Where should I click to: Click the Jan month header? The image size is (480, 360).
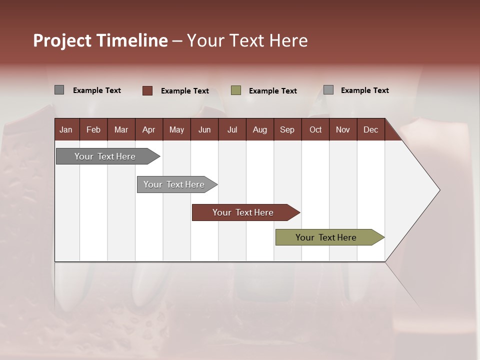66,129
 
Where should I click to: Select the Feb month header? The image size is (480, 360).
93,129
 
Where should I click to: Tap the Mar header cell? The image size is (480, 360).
121,129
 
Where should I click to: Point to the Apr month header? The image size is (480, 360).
148,129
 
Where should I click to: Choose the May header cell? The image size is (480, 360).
176,129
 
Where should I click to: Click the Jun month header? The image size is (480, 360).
204,129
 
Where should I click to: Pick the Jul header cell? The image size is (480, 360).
232,129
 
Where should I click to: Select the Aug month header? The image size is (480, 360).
259,129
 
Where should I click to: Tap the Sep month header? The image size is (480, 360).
287,129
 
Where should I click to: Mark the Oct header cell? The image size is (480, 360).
315,129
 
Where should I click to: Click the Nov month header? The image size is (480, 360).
343,129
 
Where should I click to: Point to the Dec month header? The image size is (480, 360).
370,129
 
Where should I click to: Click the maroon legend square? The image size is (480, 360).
147,90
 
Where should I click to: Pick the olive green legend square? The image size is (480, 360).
236,90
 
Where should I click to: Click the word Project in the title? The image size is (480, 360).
63,40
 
